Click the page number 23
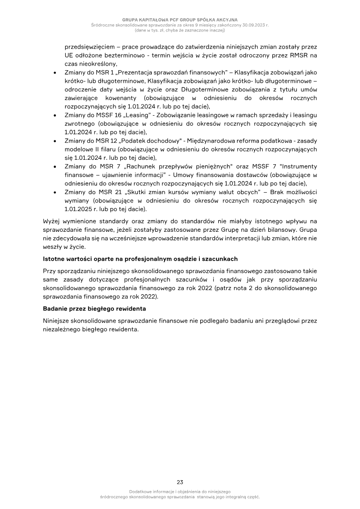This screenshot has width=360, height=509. click(x=180, y=482)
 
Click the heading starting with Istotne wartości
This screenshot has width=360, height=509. click(x=140, y=259)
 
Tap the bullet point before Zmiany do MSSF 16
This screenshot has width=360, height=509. click(x=54, y=115)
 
